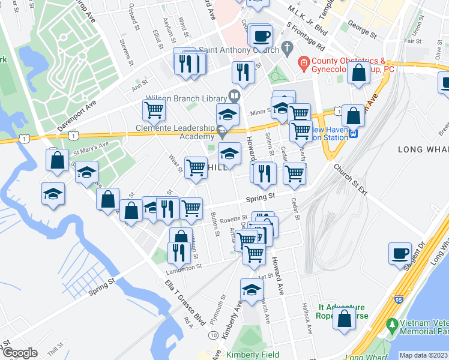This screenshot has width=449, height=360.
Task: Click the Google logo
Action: pyautogui.click(x=20, y=353)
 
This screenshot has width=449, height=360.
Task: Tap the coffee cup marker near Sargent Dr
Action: pyautogui.click(x=400, y=253)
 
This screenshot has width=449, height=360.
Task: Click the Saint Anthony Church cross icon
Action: pyautogui.click(x=287, y=47)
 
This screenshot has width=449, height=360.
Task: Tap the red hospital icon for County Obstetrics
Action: pyautogui.click(x=304, y=62)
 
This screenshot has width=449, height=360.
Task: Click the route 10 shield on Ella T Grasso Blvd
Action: pyautogui.click(x=214, y=335)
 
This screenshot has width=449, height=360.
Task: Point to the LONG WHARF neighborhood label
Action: pyautogui.click(x=420, y=148)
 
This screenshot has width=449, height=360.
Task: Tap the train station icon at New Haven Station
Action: pyautogui.click(x=354, y=133)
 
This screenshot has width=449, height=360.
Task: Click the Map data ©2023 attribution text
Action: pyautogui.click(x=423, y=355)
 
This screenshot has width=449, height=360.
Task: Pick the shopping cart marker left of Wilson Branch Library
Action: pyautogui.click(x=154, y=110)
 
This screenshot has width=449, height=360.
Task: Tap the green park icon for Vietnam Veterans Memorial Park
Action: pyautogui.click(x=392, y=326)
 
